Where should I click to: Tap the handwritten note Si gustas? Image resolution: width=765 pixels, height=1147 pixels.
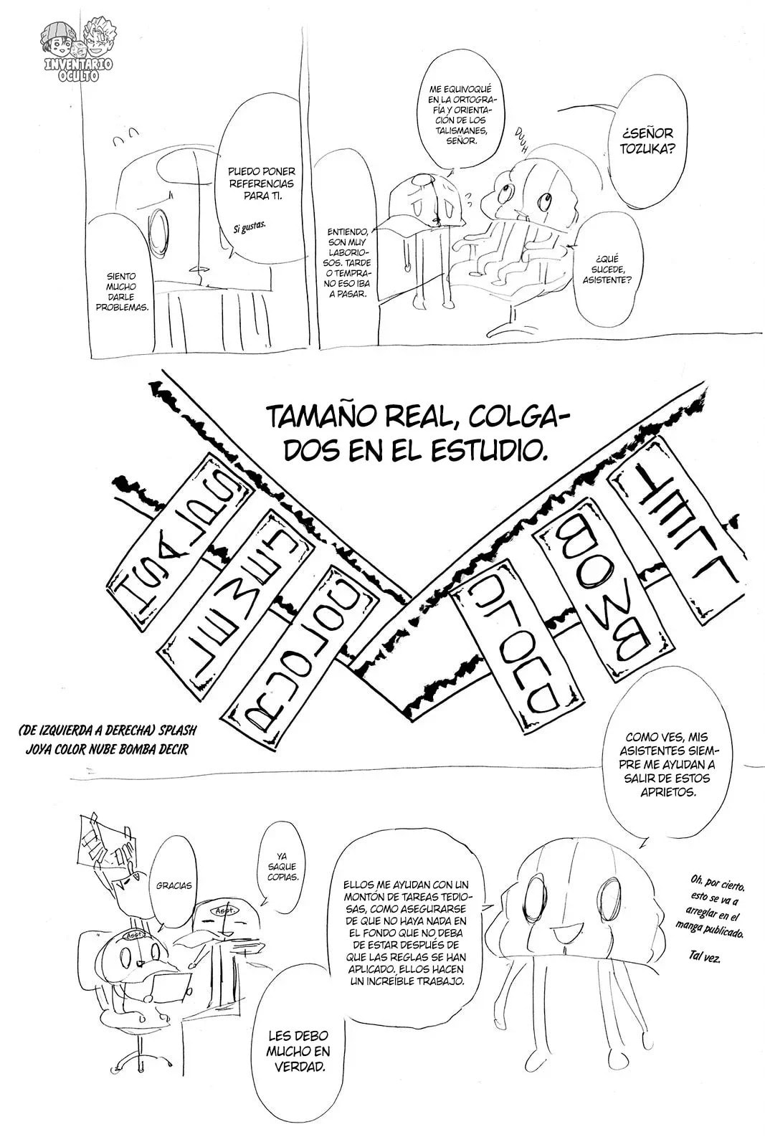250,227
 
